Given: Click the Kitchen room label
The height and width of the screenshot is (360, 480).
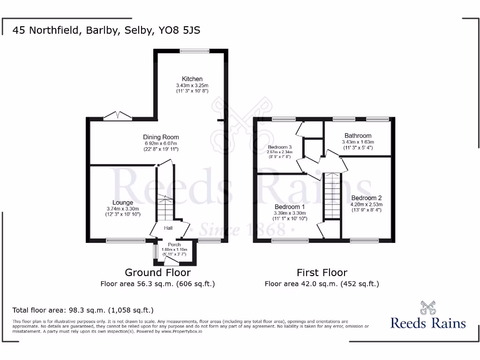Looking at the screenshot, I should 192,79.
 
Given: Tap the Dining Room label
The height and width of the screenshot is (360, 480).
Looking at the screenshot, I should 161,137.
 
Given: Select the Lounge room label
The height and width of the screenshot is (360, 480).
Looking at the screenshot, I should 122,202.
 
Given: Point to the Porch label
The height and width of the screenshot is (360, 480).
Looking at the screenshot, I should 174,245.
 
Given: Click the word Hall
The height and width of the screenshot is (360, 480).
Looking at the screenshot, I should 168,228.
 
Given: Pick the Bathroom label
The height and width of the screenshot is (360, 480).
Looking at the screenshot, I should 358,135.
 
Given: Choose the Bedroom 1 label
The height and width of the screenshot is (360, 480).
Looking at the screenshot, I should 289,207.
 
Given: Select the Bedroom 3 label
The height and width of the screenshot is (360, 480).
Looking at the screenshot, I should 280,147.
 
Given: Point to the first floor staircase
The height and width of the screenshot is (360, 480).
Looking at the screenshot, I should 332,195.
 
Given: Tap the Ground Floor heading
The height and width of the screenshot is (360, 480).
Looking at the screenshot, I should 157,272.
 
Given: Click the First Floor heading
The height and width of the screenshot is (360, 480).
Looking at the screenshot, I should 322,272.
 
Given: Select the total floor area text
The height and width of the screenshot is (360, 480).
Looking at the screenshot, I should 83,310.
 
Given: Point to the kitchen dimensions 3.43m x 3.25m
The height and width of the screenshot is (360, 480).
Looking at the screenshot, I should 192,85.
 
